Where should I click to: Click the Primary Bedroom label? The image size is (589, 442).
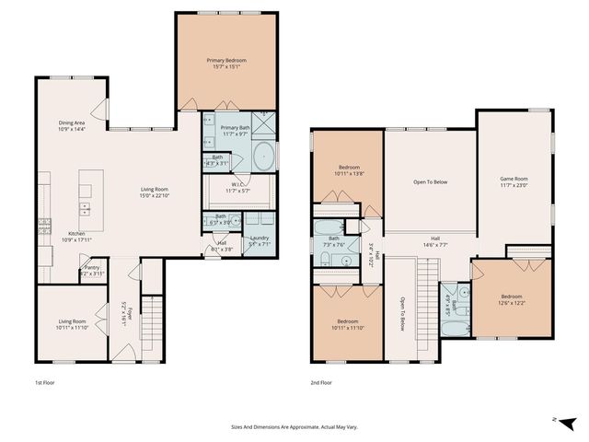[x=225, y=64]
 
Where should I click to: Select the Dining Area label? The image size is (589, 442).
[x=72, y=125]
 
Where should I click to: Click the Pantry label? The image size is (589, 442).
[x=92, y=270]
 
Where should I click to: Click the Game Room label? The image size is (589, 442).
[x=514, y=181]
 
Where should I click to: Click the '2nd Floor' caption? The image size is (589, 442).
[x=321, y=381]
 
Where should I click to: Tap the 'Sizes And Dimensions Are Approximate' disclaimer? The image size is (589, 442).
[x=294, y=427]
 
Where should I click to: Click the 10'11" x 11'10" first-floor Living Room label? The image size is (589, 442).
[x=72, y=323]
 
